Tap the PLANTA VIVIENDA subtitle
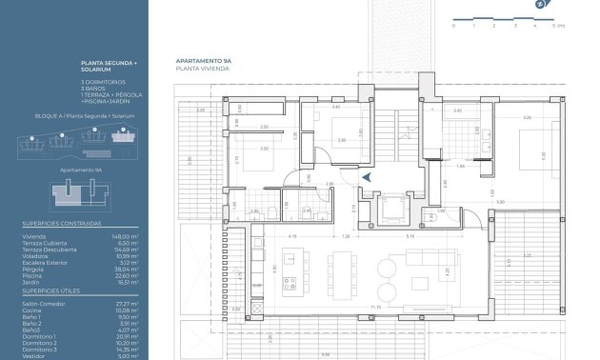click(x=197, y=69)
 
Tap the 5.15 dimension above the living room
click(x=408, y=236)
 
